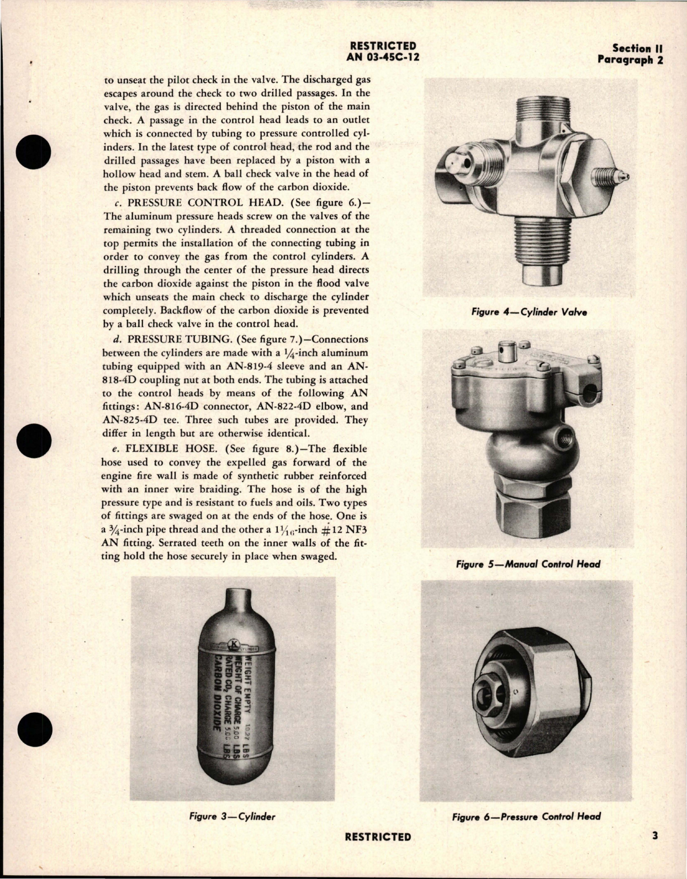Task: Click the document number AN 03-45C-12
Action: pyautogui.click(x=381, y=57)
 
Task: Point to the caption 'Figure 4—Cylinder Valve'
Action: pyautogui.click(x=529, y=312)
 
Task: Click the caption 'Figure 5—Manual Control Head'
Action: pyautogui.click(x=528, y=564)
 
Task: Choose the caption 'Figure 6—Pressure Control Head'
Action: pyautogui.click(x=526, y=816)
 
